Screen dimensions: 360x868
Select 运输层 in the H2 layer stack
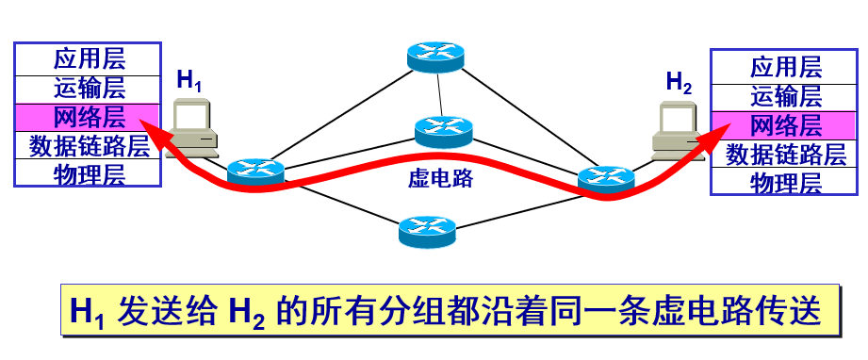point(786,95)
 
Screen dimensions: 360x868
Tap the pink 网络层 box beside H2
point(786,124)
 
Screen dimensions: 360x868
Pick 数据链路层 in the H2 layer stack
point(786,154)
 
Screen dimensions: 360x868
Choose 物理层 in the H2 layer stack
point(786,183)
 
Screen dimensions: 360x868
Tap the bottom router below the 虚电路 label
point(428,228)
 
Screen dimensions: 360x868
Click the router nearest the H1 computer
point(255,171)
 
